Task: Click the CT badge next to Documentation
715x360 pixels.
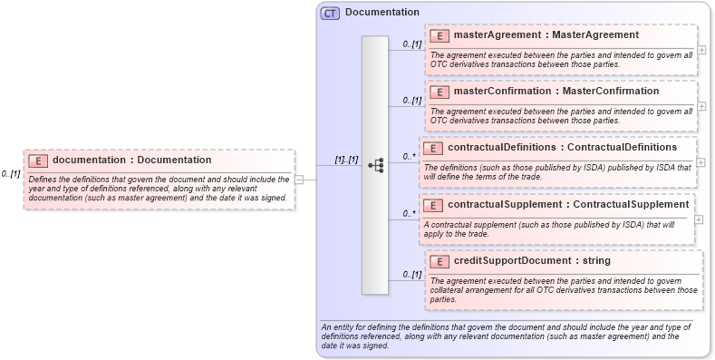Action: click(330, 13)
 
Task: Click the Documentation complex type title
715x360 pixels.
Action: click(382, 13)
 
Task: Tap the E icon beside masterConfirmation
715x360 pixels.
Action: click(439, 92)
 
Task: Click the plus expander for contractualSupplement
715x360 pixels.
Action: click(700, 219)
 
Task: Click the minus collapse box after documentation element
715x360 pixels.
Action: click(300, 180)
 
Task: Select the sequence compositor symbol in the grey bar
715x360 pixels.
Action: click(375, 166)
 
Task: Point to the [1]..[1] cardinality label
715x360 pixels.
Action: click(346, 160)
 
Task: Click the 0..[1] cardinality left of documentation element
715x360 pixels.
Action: click(11, 173)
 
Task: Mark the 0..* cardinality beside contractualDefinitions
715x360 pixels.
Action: click(410, 156)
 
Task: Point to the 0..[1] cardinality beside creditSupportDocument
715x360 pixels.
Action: click(412, 274)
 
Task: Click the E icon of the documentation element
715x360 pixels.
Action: click(38, 161)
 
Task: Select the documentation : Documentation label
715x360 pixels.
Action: click(131, 161)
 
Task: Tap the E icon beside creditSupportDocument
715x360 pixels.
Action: click(439, 261)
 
